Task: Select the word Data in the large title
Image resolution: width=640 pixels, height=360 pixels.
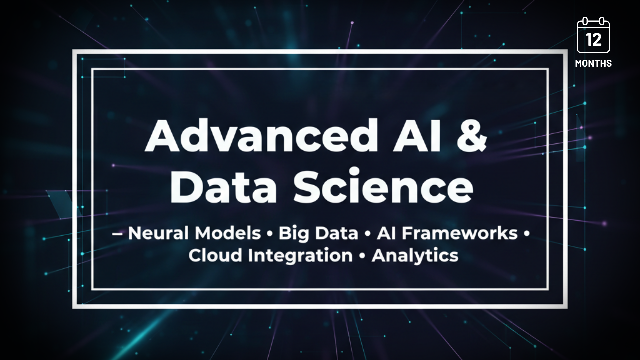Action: click(223, 187)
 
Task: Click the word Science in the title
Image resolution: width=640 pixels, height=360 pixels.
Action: click(383, 187)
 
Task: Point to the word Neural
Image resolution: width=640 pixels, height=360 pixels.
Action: click(158, 233)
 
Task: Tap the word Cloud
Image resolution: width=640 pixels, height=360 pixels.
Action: click(215, 256)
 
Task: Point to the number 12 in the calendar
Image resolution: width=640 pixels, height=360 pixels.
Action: click(593, 40)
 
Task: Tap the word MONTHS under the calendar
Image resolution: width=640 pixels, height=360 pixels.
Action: click(593, 63)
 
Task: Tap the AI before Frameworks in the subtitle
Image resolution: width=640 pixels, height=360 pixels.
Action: click(387, 233)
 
